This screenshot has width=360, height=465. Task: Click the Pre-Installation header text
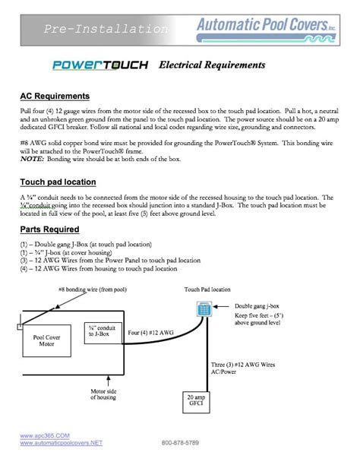pos(106,30)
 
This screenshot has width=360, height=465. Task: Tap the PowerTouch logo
pos(99,65)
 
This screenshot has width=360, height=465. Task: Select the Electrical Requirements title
pos(212,65)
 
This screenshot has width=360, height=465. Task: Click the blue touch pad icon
pos(203,309)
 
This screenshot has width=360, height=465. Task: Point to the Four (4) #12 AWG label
pos(150,332)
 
